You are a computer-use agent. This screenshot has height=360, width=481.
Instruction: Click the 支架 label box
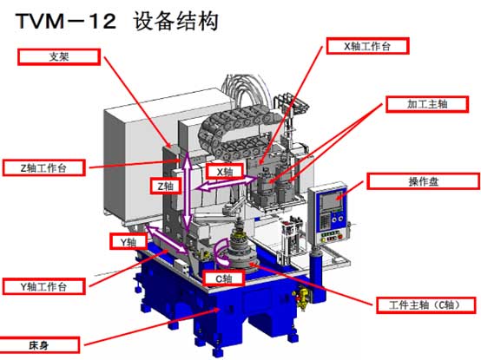(x=59, y=56)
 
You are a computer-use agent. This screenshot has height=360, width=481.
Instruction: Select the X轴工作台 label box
(x=367, y=46)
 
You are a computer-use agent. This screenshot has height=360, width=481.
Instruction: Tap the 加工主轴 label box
(x=427, y=104)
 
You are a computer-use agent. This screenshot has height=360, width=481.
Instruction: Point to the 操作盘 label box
(x=424, y=181)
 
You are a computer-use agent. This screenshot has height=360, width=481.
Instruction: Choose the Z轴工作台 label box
(x=44, y=167)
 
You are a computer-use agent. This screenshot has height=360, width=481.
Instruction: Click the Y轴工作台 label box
(x=44, y=286)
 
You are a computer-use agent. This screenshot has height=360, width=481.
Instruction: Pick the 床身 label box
(x=39, y=345)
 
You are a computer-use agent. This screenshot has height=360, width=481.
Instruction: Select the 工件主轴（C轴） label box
(x=425, y=304)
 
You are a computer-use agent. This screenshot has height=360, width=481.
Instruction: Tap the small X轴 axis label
(x=225, y=172)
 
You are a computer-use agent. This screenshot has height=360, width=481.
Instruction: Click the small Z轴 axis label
(x=166, y=186)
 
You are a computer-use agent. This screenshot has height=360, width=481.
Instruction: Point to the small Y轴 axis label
(x=128, y=242)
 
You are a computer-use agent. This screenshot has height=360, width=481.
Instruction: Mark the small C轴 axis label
(x=224, y=278)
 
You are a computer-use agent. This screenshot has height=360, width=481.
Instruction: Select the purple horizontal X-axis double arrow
(x=227, y=183)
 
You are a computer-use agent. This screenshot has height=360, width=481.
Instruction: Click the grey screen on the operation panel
(x=331, y=200)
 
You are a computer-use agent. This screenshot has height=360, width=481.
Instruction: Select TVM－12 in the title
(x=66, y=22)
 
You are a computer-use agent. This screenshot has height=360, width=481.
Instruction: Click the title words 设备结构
(x=175, y=21)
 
